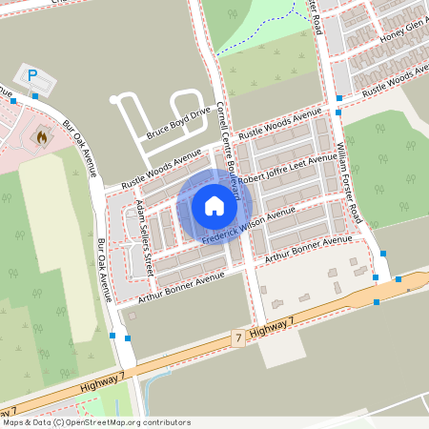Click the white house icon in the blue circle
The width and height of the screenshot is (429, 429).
click(214, 206)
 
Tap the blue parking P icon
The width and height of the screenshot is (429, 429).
click(32, 75)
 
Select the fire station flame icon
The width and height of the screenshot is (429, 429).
click(40, 137)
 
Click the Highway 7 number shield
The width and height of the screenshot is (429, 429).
click(237, 338)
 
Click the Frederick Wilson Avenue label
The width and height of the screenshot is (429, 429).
click(250, 227)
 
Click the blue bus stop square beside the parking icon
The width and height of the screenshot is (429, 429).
click(35, 95)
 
